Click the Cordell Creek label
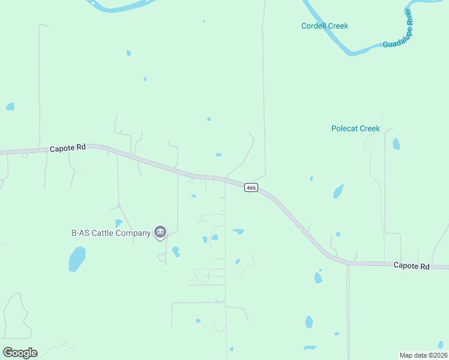click(324, 26)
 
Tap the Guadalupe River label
click(399, 34)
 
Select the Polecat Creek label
click(355, 128)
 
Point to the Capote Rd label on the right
click(411, 266)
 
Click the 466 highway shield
click(251, 188)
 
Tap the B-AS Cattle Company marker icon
click(160, 232)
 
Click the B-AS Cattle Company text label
click(111, 233)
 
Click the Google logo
click(20, 353)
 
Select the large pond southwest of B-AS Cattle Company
click(77, 259)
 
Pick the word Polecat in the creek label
click(345, 128)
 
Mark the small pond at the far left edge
click(10, 106)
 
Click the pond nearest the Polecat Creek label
click(396, 144)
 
